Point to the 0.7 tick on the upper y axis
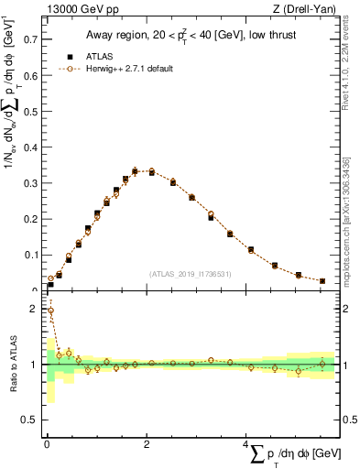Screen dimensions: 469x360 click(x=30, y=40)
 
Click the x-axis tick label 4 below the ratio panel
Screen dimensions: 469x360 click(x=246, y=444)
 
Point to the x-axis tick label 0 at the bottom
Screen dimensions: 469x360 click(x=46, y=444)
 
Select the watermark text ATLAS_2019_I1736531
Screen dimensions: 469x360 click(x=189, y=274)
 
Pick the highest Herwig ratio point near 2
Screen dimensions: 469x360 click(x=50, y=311)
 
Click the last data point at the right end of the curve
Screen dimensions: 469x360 click(x=322, y=281)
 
